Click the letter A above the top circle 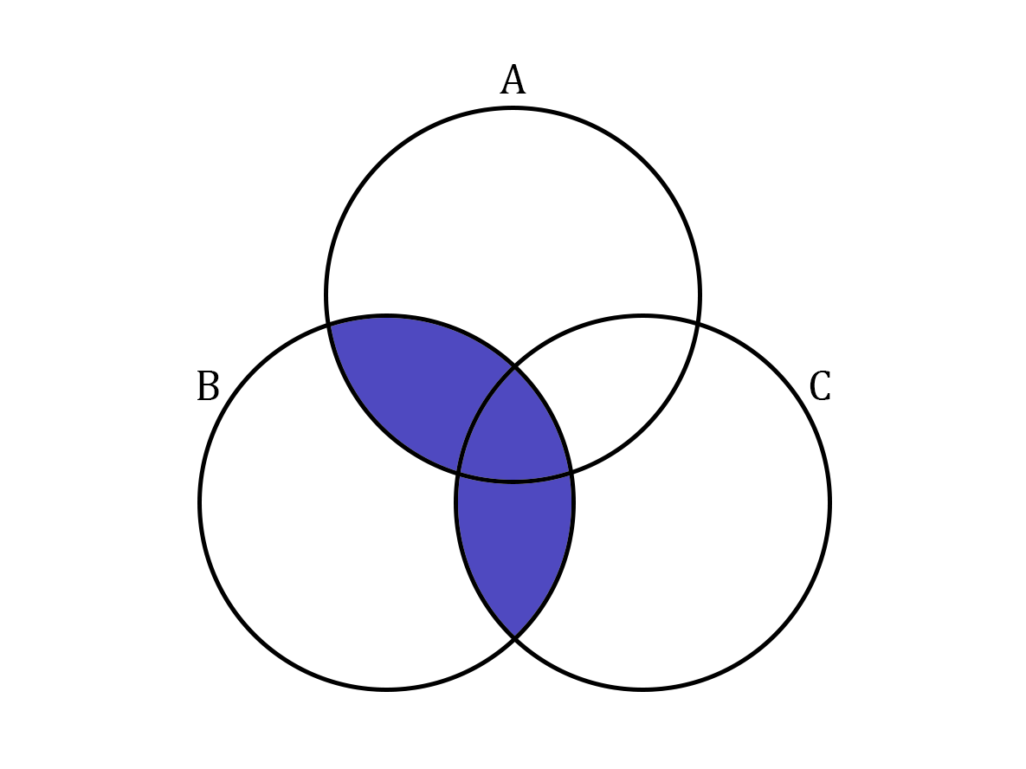click(x=513, y=79)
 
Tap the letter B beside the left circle click(x=208, y=385)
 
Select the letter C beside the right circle click(x=820, y=385)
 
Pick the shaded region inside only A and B click(x=412, y=386)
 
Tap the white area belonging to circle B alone click(x=314, y=524)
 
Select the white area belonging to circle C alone click(x=713, y=524)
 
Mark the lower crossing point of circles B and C click(x=515, y=638)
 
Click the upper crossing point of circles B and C click(x=515, y=367)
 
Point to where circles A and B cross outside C click(x=328, y=323)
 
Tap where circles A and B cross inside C click(x=572, y=472)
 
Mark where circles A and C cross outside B click(x=698, y=323)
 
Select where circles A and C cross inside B click(x=457, y=473)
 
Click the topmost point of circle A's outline click(x=513, y=108)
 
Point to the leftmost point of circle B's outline click(x=200, y=502)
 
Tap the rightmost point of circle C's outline click(x=830, y=502)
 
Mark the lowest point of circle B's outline click(x=387, y=689)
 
